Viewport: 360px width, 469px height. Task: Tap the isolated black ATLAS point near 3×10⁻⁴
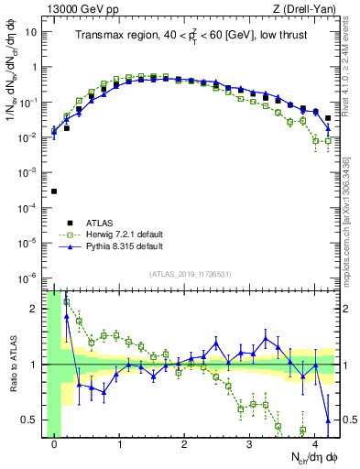click(54, 191)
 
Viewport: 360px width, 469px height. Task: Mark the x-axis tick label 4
click(314, 444)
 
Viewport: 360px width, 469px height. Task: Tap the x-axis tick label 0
click(55, 444)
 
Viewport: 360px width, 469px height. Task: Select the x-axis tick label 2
click(184, 444)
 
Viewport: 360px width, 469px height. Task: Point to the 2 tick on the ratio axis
click(37, 309)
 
